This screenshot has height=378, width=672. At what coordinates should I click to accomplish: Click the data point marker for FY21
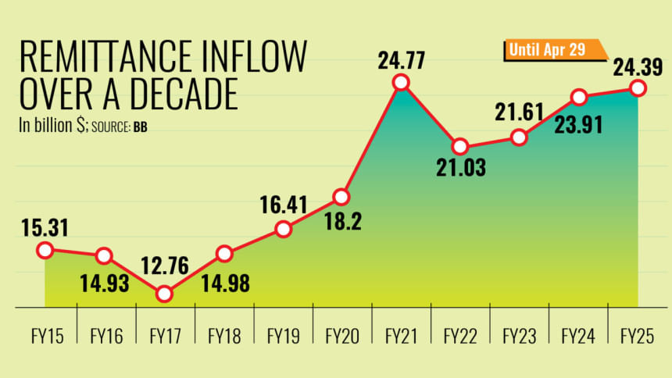(401, 82)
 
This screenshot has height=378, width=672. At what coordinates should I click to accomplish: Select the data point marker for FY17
(163, 294)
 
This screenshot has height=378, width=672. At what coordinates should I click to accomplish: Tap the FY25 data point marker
(638, 88)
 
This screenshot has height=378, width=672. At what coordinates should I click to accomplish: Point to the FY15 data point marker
(45, 250)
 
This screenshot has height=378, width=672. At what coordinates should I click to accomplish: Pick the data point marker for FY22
(460, 146)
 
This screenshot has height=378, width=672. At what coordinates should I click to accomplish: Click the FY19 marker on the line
(284, 229)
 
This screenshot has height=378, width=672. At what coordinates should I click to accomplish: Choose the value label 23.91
(578, 124)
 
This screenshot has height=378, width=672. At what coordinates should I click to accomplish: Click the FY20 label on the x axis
(342, 337)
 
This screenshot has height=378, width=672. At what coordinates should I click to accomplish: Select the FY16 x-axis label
(105, 337)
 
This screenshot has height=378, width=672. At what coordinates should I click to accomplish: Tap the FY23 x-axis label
(520, 337)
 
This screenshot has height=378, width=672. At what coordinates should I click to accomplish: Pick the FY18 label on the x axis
(224, 337)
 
